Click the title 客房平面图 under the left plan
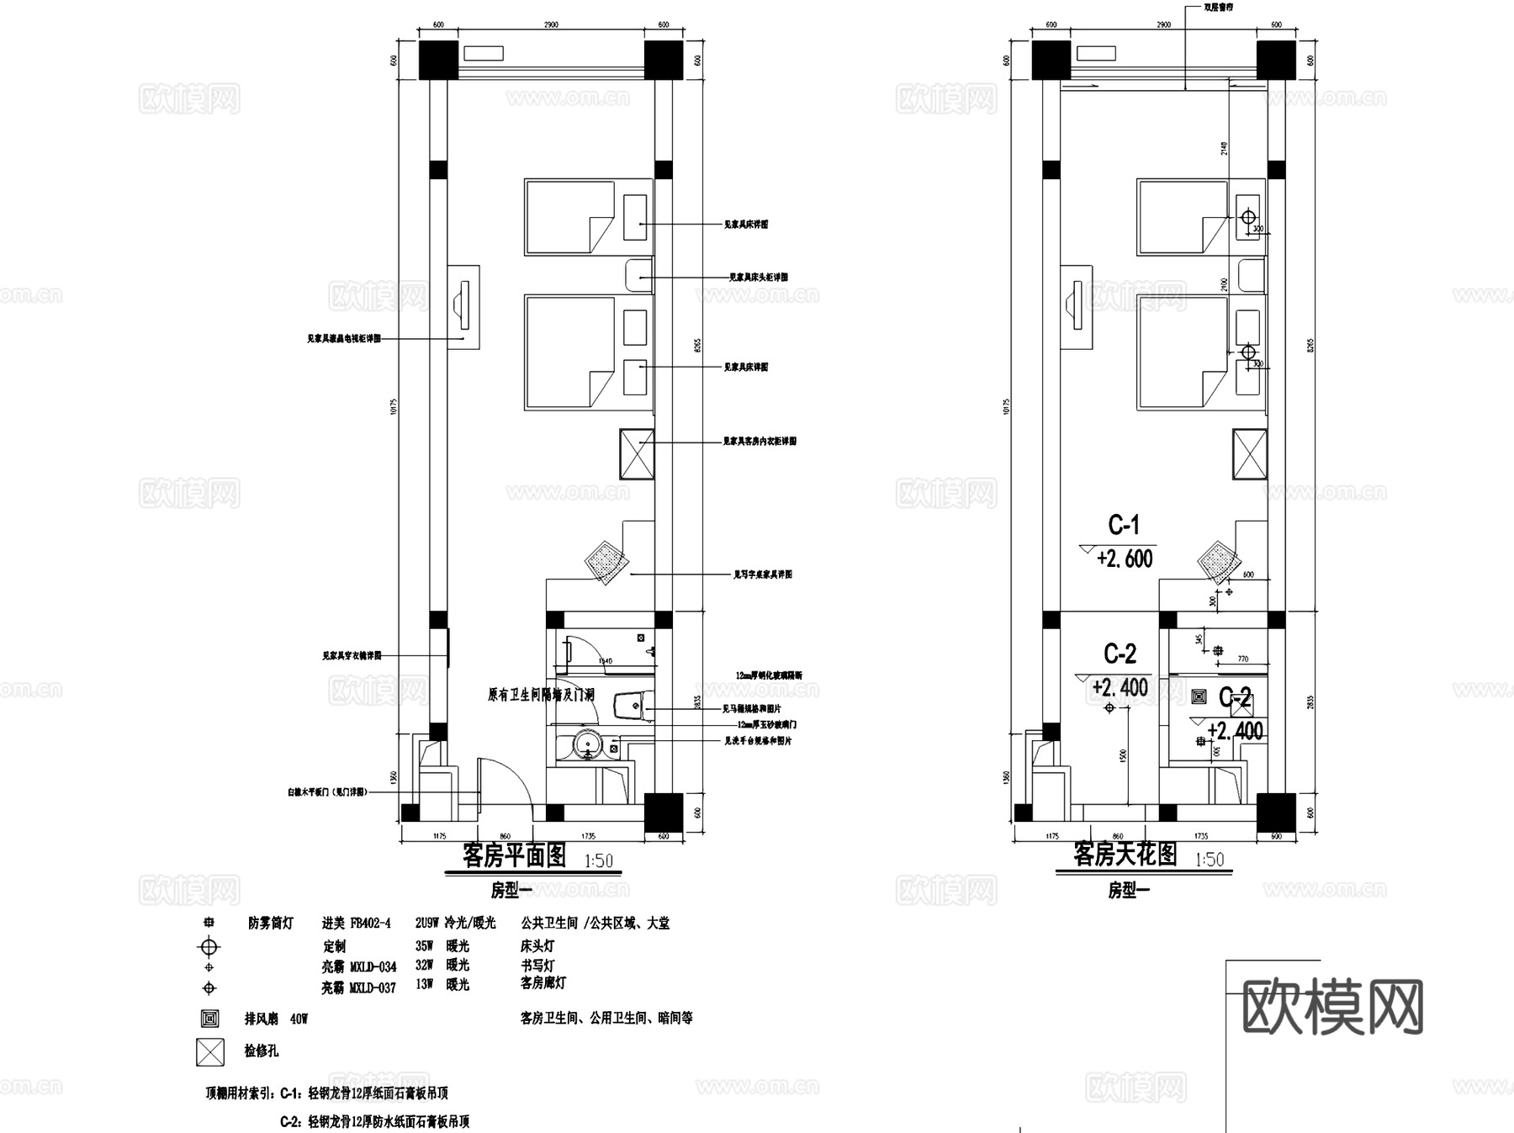[x=514, y=856]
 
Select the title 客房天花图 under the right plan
[x=1125, y=855]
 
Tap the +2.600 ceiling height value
[x=1125, y=559]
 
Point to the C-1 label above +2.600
[x=1124, y=526]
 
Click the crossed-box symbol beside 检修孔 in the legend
[x=210, y=1051]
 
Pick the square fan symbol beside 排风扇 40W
[x=209, y=1019]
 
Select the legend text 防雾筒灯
[x=270, y=924]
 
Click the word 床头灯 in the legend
[x=537, y=946]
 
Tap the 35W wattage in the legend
[x=424, y=946]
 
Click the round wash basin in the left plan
[x=585, y=744]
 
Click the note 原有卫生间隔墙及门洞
[x=541, y=696]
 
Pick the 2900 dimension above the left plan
[x=551, y=25]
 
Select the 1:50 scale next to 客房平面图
[x=598, y=860]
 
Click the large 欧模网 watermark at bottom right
[x=1332, y=1006]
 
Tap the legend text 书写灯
[x=537, y=966]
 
